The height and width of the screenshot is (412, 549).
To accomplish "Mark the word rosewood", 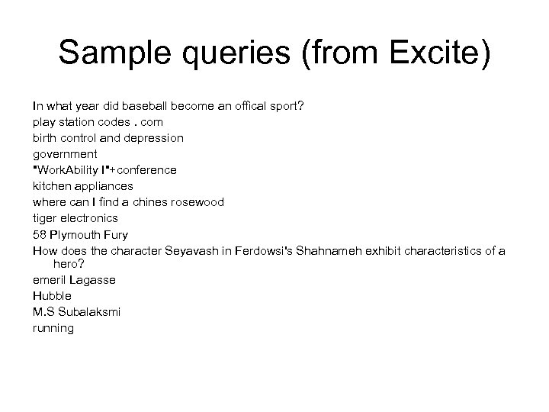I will click(x=197, y=201).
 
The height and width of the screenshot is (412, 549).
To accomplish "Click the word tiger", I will click(x=44, y=217).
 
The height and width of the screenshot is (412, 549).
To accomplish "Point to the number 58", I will click(x=40, y=233).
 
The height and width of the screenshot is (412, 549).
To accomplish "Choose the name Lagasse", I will click(x=94, y=280).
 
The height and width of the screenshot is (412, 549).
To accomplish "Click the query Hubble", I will click(x=52, y=296).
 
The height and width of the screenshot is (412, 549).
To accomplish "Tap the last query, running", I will click(x=53, y=328).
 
